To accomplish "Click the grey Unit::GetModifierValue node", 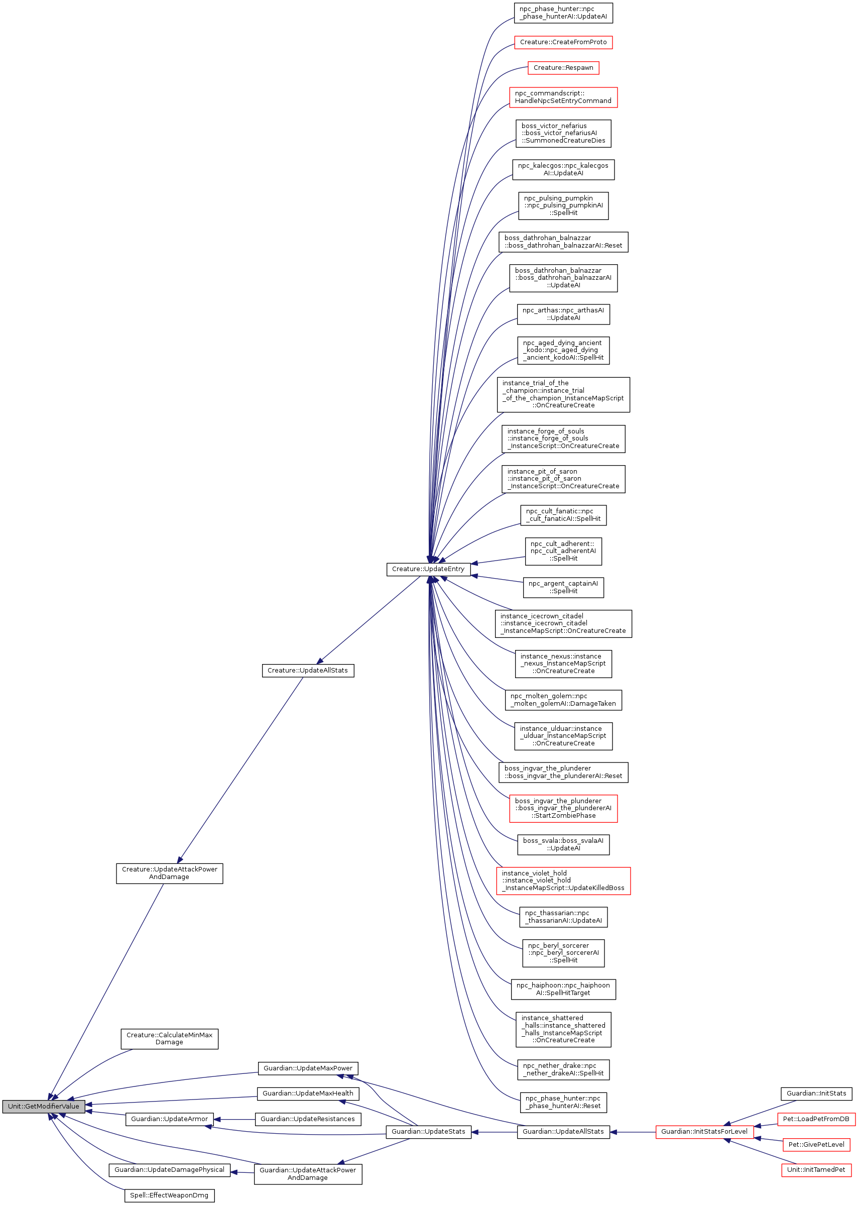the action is (43, 1106).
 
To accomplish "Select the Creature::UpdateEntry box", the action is (428, 569).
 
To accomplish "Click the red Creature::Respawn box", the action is (563, 68).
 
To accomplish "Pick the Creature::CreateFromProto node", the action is (563, 42).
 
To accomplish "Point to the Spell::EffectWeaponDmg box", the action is (169, 1195).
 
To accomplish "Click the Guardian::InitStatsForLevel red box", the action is (704, 1132).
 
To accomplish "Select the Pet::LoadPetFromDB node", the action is (816, 1119).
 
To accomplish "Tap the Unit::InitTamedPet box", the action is (816, 1170).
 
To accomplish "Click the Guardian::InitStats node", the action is (816, 1093).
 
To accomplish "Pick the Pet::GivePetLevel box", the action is (816, 1144).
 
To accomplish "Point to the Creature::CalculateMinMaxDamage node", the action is (169, 1039).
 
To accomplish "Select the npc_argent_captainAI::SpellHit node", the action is (563, 587).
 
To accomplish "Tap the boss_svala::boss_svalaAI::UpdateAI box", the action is (563, 844).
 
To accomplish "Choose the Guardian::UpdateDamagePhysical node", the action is (169, 1170).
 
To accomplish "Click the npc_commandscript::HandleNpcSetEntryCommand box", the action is (563, 97).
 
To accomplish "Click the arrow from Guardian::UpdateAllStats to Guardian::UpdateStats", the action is (494, 1132).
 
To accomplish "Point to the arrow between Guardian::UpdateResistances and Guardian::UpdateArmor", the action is (234, 1119).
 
